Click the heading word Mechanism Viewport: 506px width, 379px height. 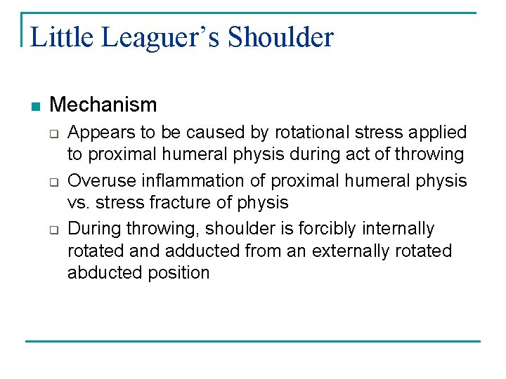tap(103, 105)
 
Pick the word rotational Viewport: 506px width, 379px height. tap(308, 132)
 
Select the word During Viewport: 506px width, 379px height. tap(92, 228)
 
